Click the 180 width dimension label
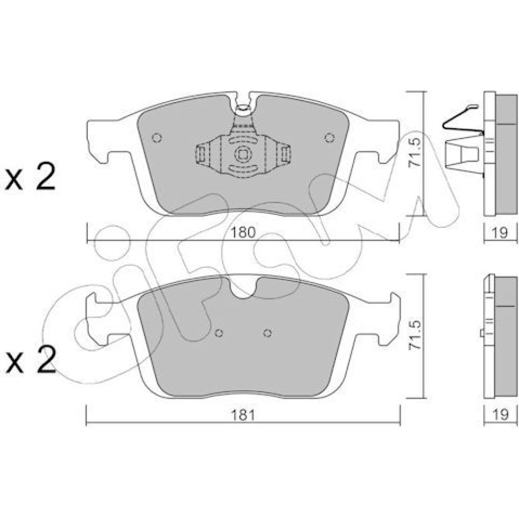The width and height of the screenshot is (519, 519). [x=243, y=233]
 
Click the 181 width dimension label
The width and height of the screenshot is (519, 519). [x=243, y=415]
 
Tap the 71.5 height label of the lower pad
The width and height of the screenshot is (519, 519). [x=415, y=335]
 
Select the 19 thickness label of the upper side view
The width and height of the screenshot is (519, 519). [x=500, y=233]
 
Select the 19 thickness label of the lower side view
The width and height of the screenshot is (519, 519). [x=500, y=415]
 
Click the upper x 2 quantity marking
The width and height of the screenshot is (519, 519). [x=30, y=179]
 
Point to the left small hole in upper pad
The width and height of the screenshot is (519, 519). [x=157, y=138]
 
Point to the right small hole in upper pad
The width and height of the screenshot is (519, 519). [x=330, y=138]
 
